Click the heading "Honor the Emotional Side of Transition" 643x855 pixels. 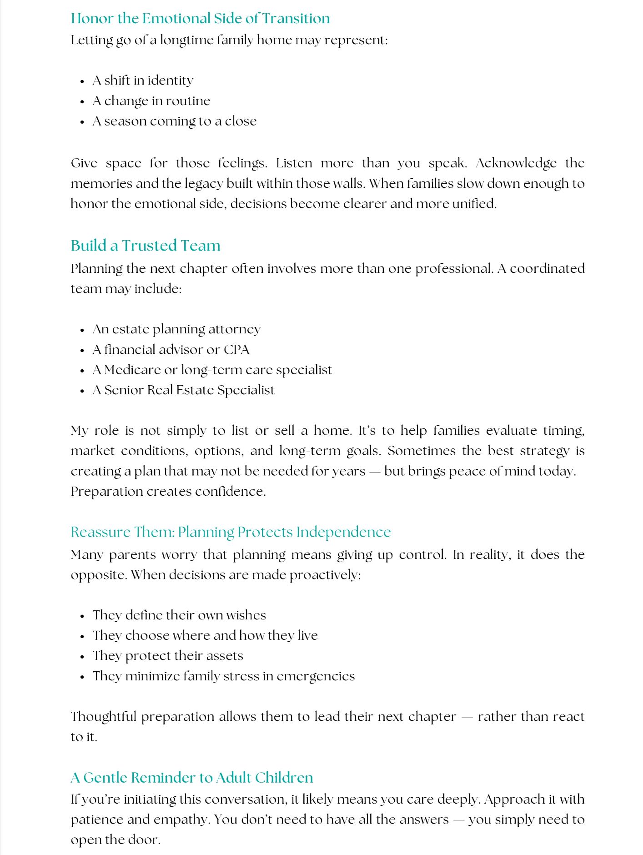(x=200, y=19)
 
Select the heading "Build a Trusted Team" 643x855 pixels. (x=146, y=246)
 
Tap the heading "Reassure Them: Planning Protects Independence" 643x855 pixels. (x=231, y=532)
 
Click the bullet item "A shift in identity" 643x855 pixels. (x=143, y=80)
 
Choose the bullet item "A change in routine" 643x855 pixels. (x=151, y=101)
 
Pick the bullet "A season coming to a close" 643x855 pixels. (x=175, y=121)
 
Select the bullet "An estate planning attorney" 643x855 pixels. (x=176, y=329)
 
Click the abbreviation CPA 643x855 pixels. (x=236, y=349)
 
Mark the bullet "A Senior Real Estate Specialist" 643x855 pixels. (x=183, y=390)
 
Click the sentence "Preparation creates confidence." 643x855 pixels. (x=168, y=492)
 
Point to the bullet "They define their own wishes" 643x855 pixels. (x=179, y=615)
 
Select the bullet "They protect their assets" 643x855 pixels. (x=168, y=656)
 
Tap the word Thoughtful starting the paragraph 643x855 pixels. (x=103, y=716)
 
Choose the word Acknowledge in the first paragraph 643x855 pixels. (x=516, y=163)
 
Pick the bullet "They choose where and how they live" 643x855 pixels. (x=205, y=635)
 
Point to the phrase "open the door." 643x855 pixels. (x=116, y=840)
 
